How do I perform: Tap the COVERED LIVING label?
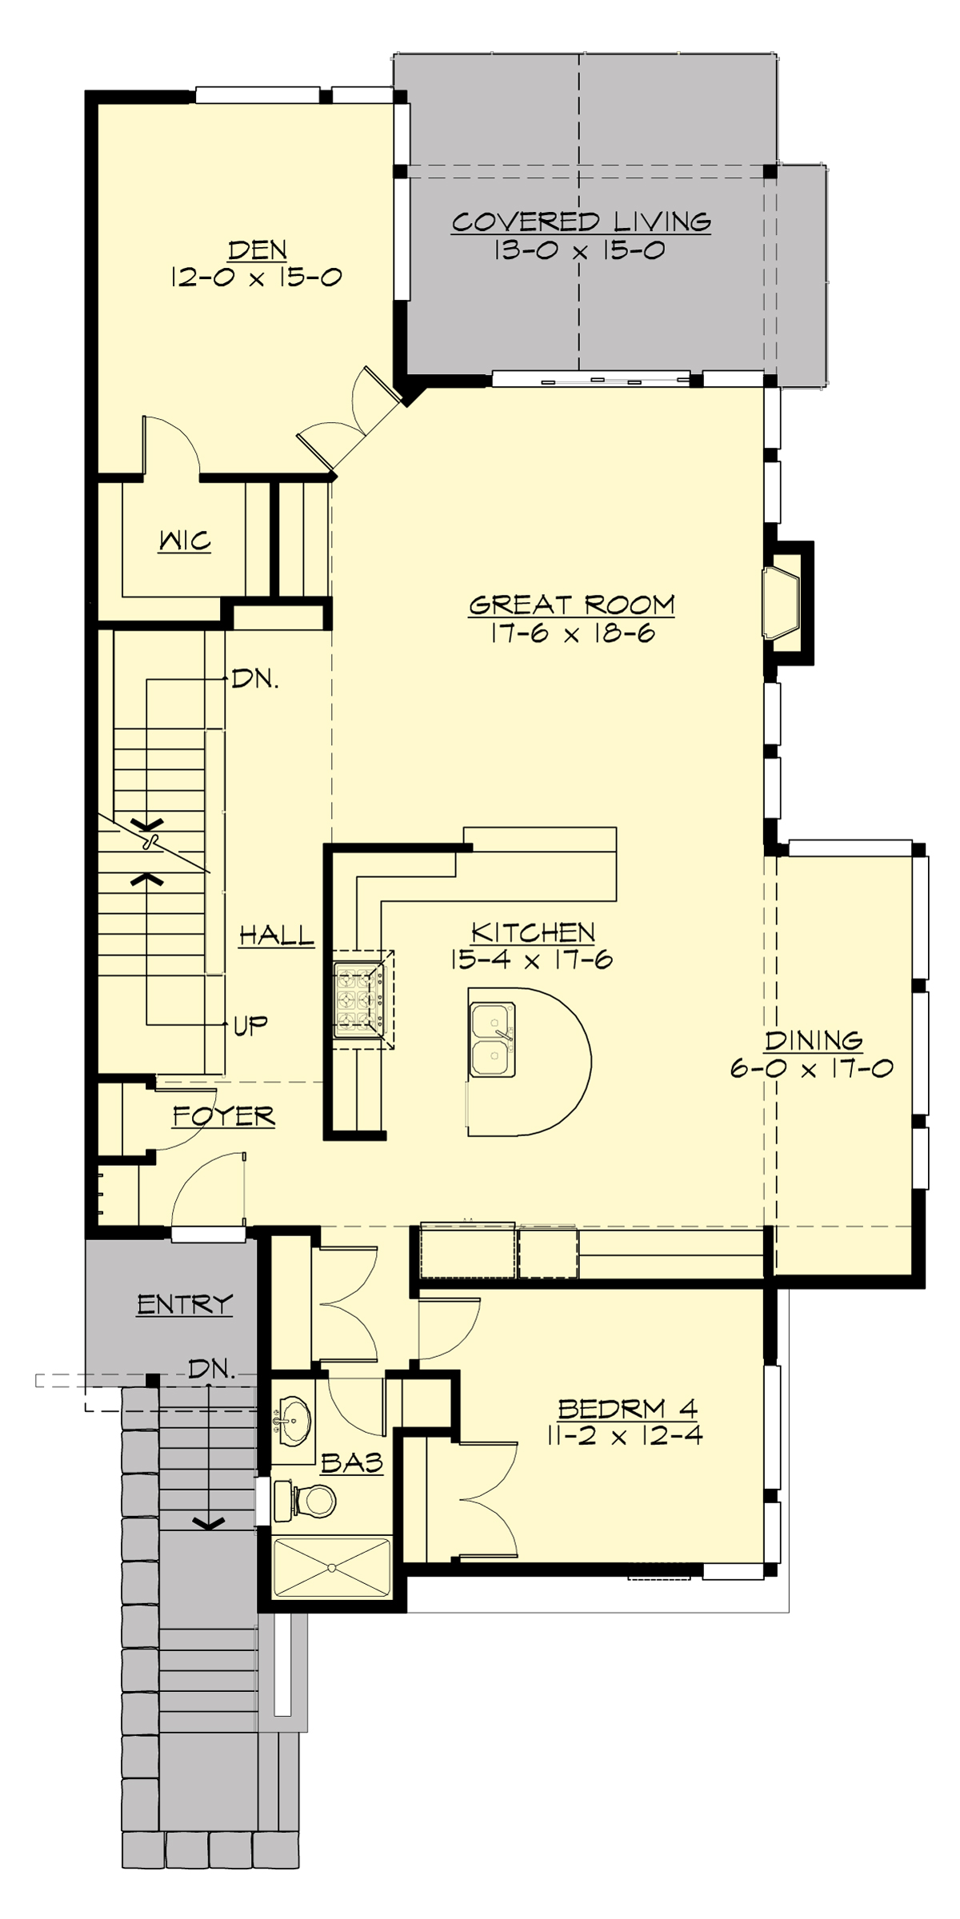581,221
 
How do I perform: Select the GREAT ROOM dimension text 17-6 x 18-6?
571,634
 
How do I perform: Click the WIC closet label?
185,541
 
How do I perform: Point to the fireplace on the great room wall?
782,604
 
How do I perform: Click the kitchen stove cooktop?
359,998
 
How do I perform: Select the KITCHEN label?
533,932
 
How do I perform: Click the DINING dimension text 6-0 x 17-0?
811,1068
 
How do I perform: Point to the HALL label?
277,935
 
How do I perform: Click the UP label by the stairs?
250,1024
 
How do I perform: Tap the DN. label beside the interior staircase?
255,680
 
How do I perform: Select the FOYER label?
224,1115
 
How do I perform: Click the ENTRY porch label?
185,1305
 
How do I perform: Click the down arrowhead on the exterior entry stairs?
210,1523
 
